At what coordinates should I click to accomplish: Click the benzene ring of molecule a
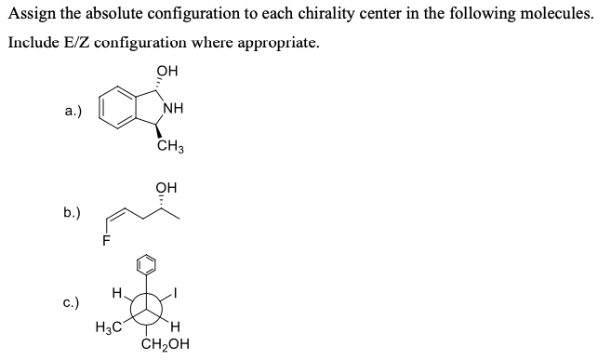tap(118, 110)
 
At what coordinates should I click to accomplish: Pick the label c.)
tap(73, 302)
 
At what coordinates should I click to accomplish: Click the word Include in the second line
tap(33, 44)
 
